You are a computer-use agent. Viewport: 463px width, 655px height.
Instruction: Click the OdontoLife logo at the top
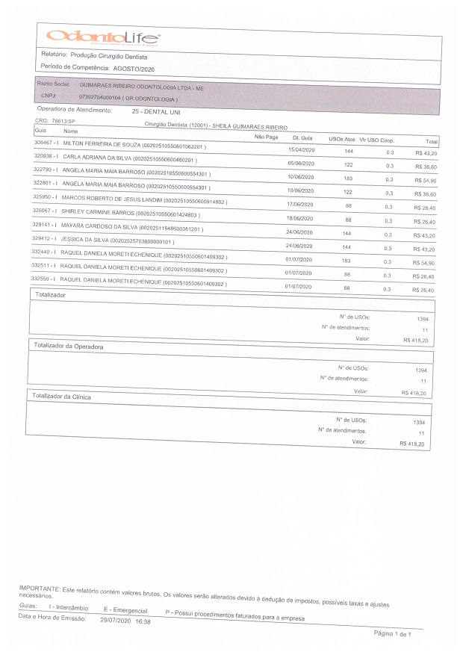[x=102, y=36]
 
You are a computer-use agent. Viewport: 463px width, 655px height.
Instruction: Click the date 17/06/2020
[x=298, y=204]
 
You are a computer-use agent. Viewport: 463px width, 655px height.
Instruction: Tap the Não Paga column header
[x=267, y=137]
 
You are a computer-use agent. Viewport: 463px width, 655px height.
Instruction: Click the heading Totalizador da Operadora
[x=69, y=347]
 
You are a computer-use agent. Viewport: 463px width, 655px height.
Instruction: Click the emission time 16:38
[x=142, y=621]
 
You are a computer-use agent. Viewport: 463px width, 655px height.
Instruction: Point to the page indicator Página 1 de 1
[x=392, y=633]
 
